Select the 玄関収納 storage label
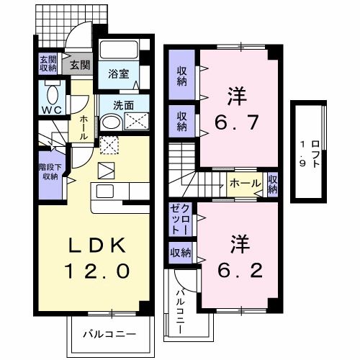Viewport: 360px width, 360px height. [48, 64]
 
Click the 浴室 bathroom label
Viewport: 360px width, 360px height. [118, 73]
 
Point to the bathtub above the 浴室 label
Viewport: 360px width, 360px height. [119, 50]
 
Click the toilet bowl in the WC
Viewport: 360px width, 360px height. [52, 94]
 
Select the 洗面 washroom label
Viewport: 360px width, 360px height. [123, 105]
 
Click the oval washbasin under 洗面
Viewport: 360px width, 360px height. [110, 122]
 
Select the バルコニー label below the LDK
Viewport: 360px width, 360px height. [108, 335]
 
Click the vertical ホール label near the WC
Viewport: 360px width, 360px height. [83, 127]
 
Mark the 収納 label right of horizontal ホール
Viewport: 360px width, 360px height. [273, 184]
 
